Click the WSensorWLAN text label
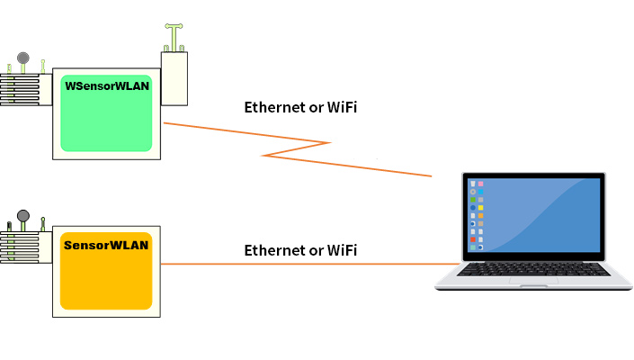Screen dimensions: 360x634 click(x=106, y=86)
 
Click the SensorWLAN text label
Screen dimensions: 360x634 click(x=106, y=244)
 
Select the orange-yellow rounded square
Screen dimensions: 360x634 click(x=106, y=274)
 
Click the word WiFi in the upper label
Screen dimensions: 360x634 click(x=340, y=108)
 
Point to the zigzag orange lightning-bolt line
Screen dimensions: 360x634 click(x=297, y=148)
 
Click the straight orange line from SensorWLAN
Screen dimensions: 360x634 click(x=297, y=264)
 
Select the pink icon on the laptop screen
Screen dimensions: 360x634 click(x=481, y=184)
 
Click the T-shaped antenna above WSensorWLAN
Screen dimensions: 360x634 click(x=172, y=34)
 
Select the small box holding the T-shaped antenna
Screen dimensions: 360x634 click(x=174, y=78)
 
